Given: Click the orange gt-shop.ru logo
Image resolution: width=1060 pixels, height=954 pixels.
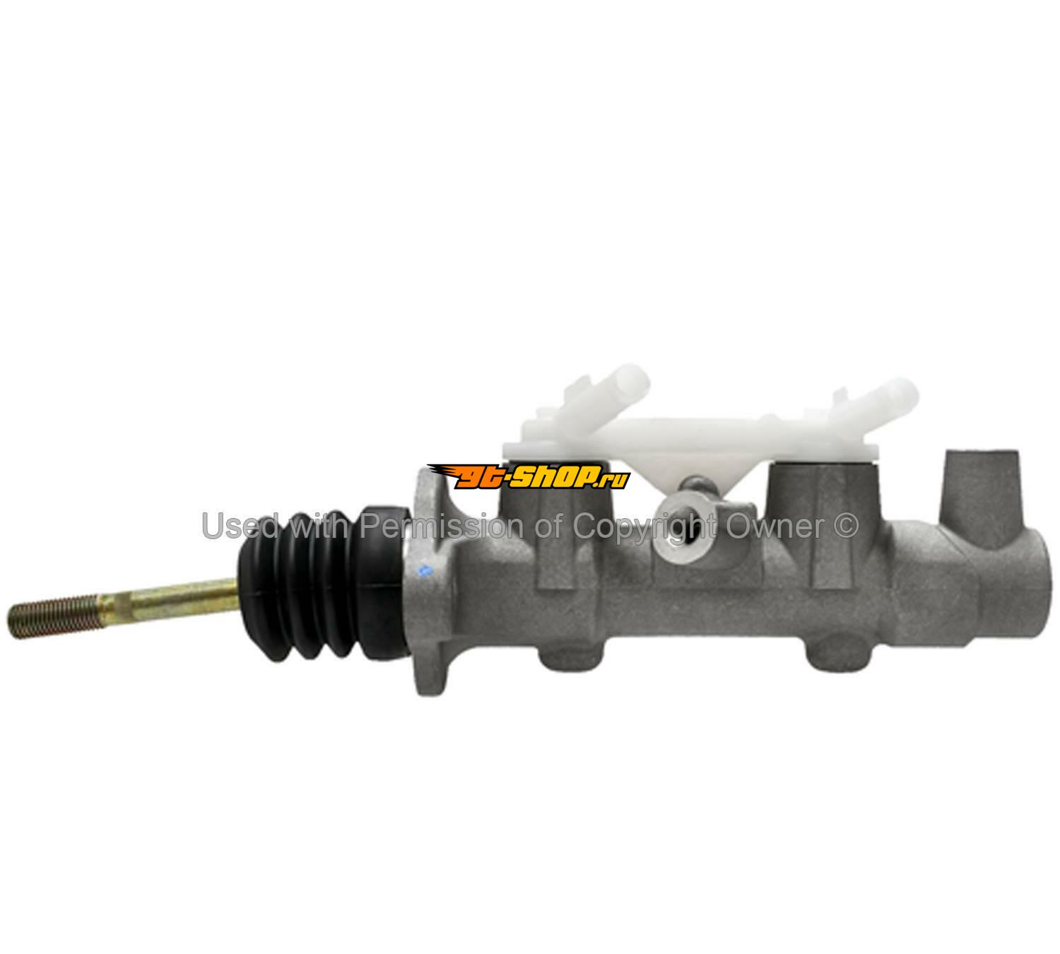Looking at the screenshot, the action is [529, 476].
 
